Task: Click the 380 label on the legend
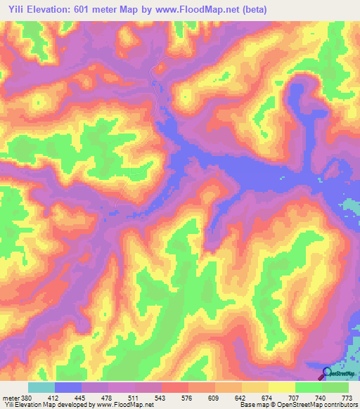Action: point(27,398)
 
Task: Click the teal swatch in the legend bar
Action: point(41,387)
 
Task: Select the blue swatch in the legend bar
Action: point(67,387)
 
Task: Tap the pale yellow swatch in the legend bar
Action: point(281,387)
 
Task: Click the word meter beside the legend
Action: point(11,398)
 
